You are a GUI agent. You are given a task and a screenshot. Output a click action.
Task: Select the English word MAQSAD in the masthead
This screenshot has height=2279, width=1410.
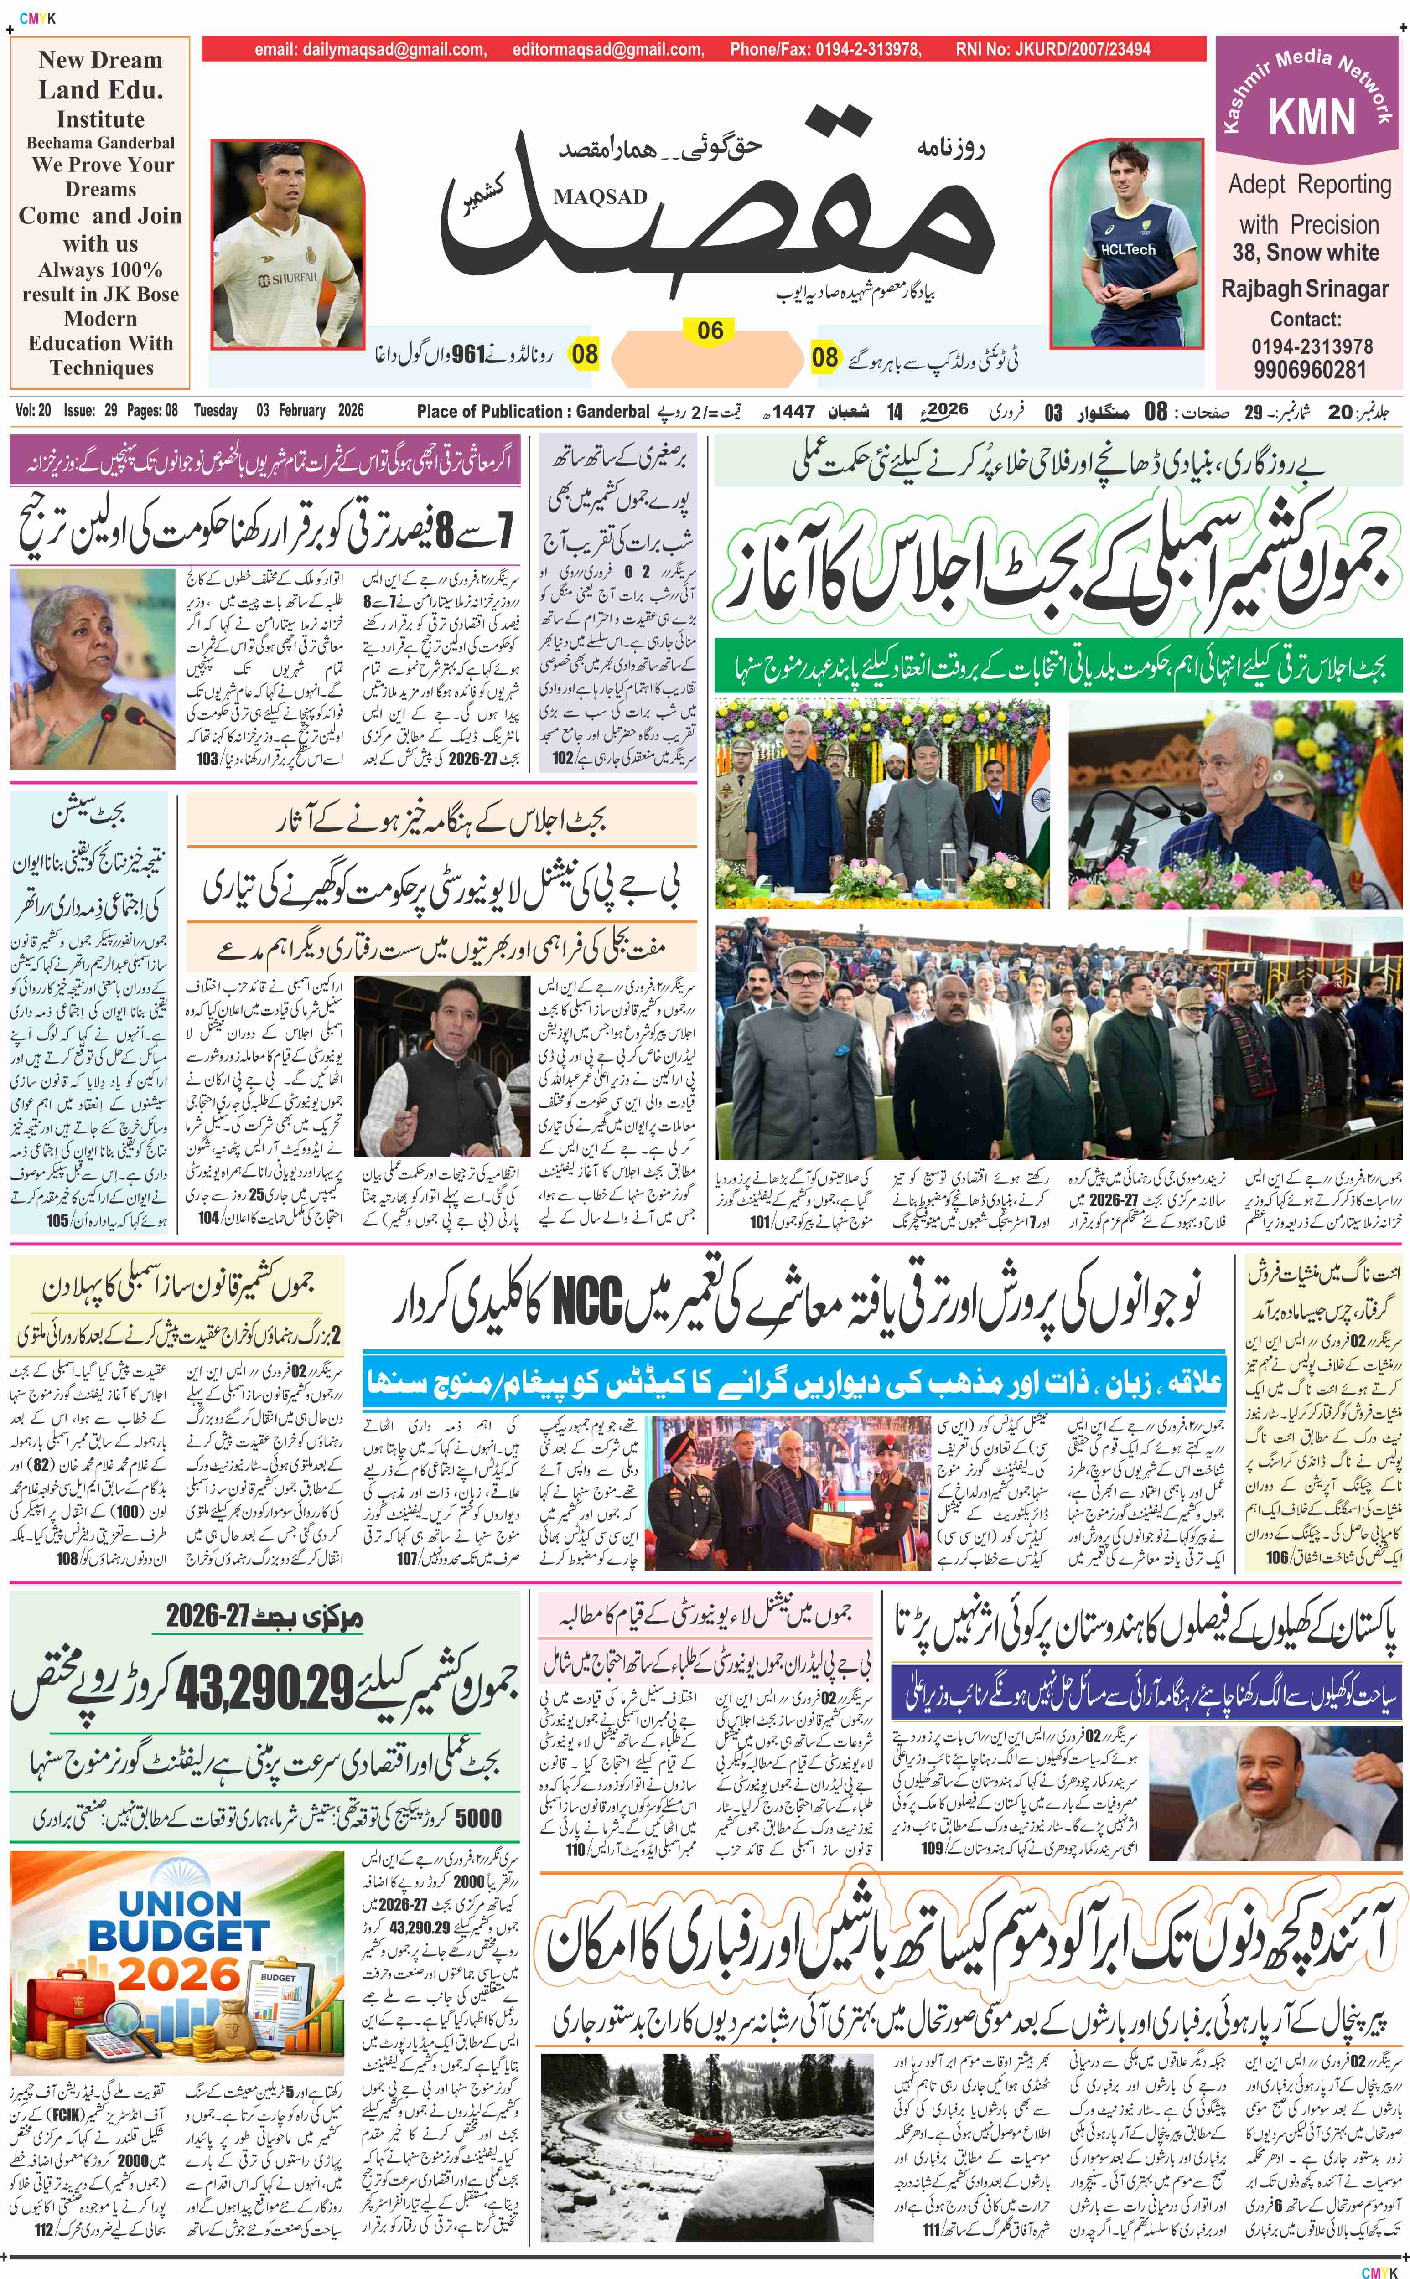click(x=600, y=196)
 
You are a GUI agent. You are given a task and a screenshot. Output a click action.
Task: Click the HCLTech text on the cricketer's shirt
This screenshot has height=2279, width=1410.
click(x=1127, y=250)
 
